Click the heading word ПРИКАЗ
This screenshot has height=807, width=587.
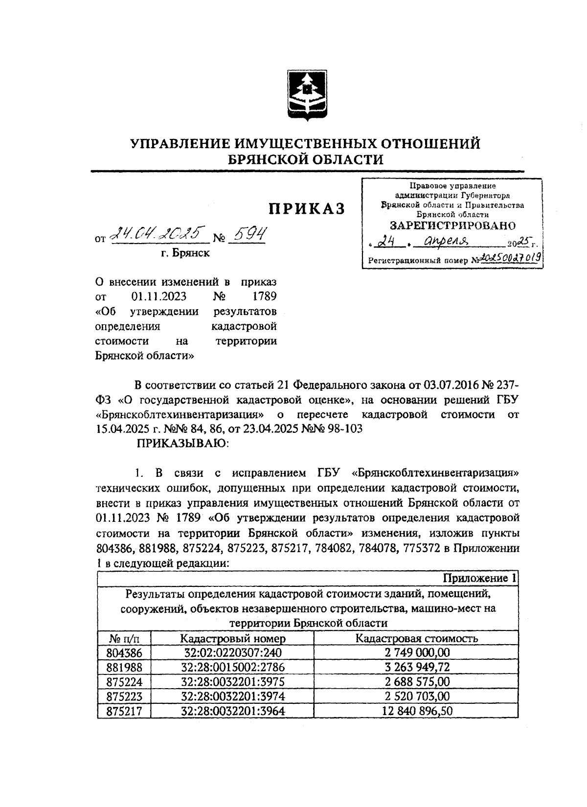[x=306, y=208]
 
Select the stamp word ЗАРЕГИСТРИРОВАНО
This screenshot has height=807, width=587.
[x=452, y=225]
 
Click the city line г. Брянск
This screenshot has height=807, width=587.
[x=187, y=253]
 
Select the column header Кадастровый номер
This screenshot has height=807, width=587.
[x=232, y=638]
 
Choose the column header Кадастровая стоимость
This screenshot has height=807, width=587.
[x=416, y=638]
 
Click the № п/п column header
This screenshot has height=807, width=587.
[x=124, y=638]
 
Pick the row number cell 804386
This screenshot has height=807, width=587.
[x=124, y=653]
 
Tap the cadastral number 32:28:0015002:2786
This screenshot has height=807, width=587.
[x=232, y=667]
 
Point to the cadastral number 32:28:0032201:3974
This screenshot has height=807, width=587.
[x=232, y=696]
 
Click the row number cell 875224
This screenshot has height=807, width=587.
[x=124, y=682]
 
